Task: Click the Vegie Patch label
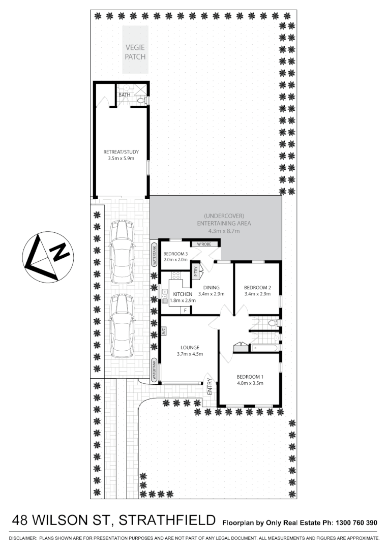tap(135, 52)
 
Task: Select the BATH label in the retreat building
tap(124, 95)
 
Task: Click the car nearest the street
tap(122, 324)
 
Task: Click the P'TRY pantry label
tap(195, 272)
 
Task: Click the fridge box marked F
tap(186, 310)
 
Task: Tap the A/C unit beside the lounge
tap(164, 331)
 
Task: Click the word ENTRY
tap(210, 389)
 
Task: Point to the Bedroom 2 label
tap(256, 287)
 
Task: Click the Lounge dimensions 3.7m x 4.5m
tap(189, 354)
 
